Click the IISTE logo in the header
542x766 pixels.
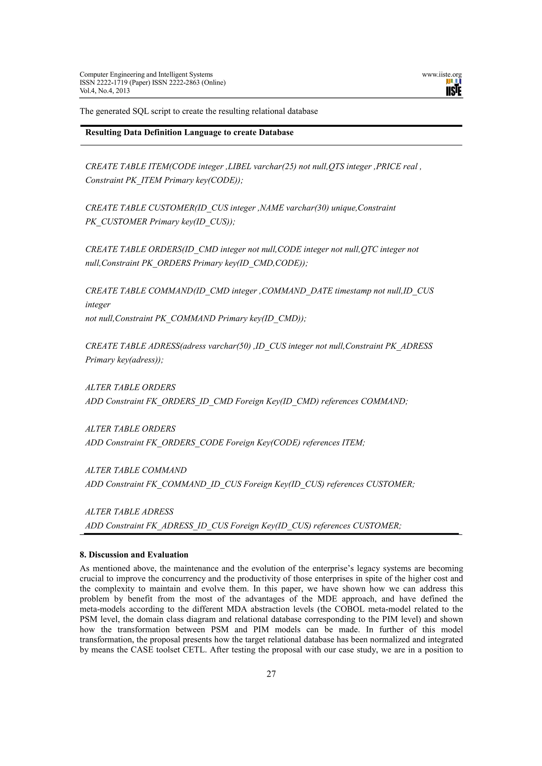454,88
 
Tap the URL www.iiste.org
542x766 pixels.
441,75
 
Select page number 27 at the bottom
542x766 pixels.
271,674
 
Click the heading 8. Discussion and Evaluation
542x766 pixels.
134,555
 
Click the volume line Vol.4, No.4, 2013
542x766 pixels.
105,91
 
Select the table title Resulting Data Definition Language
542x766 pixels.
189,132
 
